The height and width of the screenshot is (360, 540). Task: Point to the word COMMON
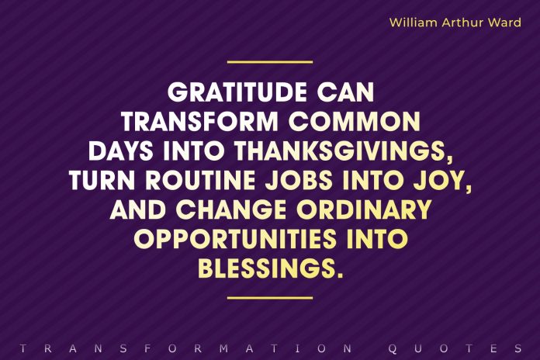click(x=355, y=123)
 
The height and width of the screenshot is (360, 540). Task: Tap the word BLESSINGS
click(x=268, y=268)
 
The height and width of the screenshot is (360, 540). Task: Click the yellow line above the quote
click(x=269, y=61)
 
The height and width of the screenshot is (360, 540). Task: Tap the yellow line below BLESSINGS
click(x=269, y=297)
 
